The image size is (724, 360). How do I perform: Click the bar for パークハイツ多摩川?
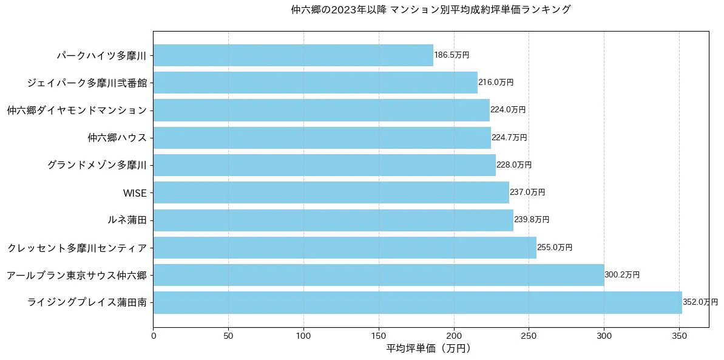point(293,55)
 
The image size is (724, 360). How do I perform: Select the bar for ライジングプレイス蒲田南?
point(418,302)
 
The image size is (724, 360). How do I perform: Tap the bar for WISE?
point(331,192)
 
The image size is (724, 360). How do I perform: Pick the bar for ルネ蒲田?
point(333,220)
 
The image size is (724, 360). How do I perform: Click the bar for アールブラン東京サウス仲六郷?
point(379,275)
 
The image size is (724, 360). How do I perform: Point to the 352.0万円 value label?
point(700,302)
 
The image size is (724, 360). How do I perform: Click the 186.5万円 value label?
point(452,55)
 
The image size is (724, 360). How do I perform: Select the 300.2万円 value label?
point(622,275)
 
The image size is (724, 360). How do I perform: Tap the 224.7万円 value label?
point(509,138)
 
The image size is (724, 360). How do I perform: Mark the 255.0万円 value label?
point(555,248)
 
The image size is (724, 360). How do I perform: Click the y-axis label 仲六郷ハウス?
point(117,138)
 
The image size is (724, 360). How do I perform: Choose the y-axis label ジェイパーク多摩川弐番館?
point(87,83)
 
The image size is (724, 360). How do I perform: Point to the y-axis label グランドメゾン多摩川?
point(97,165)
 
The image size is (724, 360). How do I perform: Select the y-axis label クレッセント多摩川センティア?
point(77,248)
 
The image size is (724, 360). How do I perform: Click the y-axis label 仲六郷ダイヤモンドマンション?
point(77,110)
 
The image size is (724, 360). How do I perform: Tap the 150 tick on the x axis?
point(379,335)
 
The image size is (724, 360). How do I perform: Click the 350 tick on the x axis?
point(679,335)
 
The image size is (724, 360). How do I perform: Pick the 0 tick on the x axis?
point(154,335)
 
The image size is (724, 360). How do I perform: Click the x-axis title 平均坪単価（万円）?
point(428,348)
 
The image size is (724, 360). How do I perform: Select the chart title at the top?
point(431,10)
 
